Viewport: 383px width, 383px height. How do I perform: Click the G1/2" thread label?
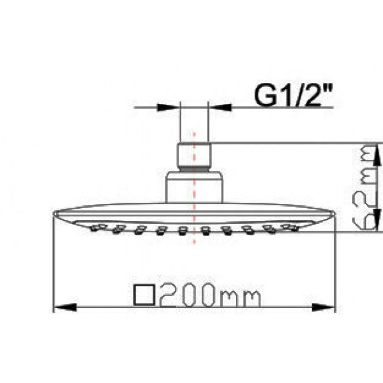(x=293, y=95)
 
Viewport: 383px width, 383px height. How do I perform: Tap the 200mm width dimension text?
(x=210, y=295)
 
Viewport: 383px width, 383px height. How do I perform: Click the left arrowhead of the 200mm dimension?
(x=65, y=307)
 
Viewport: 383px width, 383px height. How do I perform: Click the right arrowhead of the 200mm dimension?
(x=324, y=307)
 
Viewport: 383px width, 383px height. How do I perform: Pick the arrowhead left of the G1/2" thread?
(x=168, y=107)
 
